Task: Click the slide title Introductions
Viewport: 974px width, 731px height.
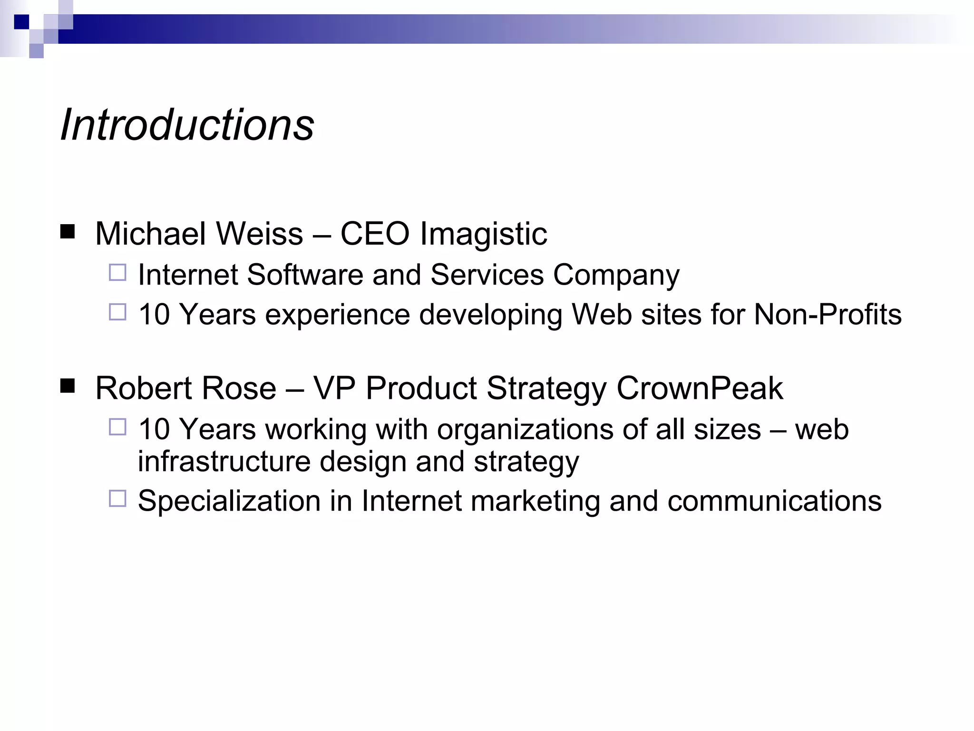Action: coord(187,125)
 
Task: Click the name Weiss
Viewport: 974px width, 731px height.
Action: coord(260,234)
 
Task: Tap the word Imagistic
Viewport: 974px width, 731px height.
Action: coord(483,235)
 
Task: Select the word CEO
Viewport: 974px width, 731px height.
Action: coord(375,234)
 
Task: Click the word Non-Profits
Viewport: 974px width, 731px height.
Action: coord(828,315)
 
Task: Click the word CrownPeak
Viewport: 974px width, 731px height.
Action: coord(700,388)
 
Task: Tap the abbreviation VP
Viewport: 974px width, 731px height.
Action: coord(334,388)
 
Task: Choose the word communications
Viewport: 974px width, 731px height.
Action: coord(774,501)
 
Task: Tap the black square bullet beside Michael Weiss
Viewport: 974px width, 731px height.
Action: coord(68,231)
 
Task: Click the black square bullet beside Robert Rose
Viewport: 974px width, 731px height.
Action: coord(68,385)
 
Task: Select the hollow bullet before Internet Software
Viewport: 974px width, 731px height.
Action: coord(117,273)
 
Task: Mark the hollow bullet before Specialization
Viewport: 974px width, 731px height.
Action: coord(117,498)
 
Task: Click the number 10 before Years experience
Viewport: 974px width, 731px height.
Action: coord(154,315)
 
